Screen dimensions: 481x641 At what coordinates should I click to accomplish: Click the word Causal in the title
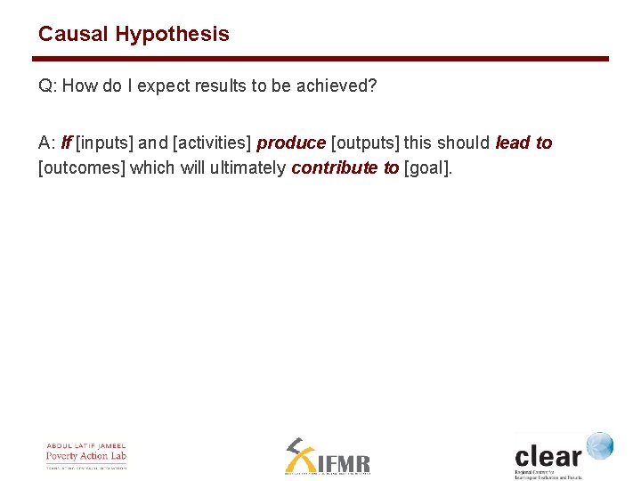(x=74, y=35)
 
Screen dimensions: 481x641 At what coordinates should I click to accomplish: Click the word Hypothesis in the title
(x=172, y=35)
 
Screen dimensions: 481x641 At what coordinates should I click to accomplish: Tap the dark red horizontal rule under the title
(x=320, y=60)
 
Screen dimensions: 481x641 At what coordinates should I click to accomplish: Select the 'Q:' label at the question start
(x=47, y=86)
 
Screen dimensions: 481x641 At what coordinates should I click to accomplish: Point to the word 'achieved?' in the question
(x=343, y=86)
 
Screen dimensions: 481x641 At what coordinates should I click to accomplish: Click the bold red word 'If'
(x=67, y=143)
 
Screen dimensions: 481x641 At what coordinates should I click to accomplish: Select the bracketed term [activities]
(x=212, y=143)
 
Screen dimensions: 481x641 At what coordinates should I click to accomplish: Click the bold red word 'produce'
(x=291, y=143)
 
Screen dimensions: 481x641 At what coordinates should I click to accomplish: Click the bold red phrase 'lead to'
(x=523, y=143)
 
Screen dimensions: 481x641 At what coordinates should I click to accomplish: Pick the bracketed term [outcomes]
(x=82, y=168)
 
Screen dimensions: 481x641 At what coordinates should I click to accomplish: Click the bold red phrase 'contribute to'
(x=345, y=168)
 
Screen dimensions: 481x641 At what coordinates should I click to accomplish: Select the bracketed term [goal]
(x=428, y=168)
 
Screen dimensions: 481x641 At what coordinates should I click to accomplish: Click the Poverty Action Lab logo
(x=86, y=455)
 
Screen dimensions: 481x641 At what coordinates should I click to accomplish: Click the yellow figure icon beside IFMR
(x=299, y=456)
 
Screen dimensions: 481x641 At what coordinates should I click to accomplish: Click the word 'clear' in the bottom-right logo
(x=548, y=456)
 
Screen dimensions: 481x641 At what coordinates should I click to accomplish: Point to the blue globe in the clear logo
(x=599, y=445)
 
